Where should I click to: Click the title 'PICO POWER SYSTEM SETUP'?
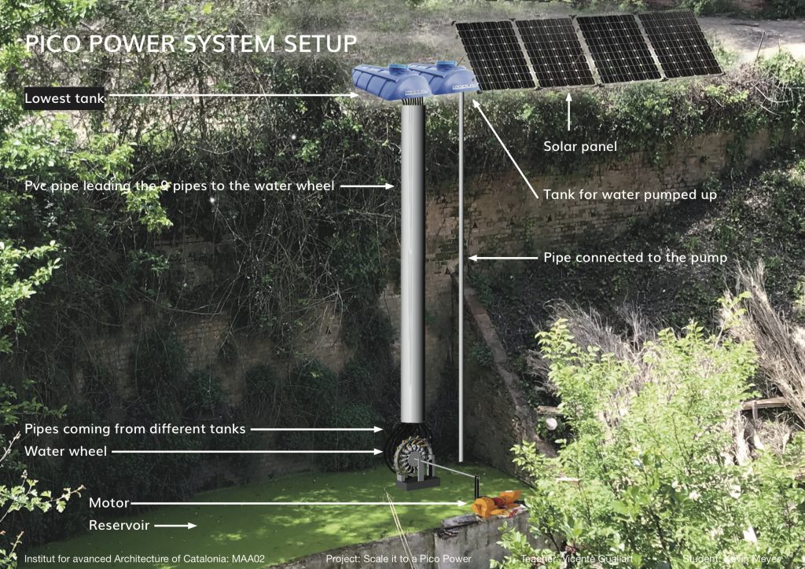[x=192, y=42]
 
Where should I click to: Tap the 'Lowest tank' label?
[x=65, y=99]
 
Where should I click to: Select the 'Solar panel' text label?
[x=580, y=147]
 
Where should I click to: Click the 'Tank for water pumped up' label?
[x=630, y=194]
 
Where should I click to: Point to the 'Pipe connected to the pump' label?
[x=635, y=258]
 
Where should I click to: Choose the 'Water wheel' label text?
[x=66, y=452]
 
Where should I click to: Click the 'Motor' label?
[x=108, y=503]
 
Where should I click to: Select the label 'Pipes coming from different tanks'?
[x=135, y=429]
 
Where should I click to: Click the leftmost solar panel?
[x=486, y=55]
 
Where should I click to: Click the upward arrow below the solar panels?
[x=569, y=110]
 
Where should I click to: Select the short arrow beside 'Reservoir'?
[x=181, y=525]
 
